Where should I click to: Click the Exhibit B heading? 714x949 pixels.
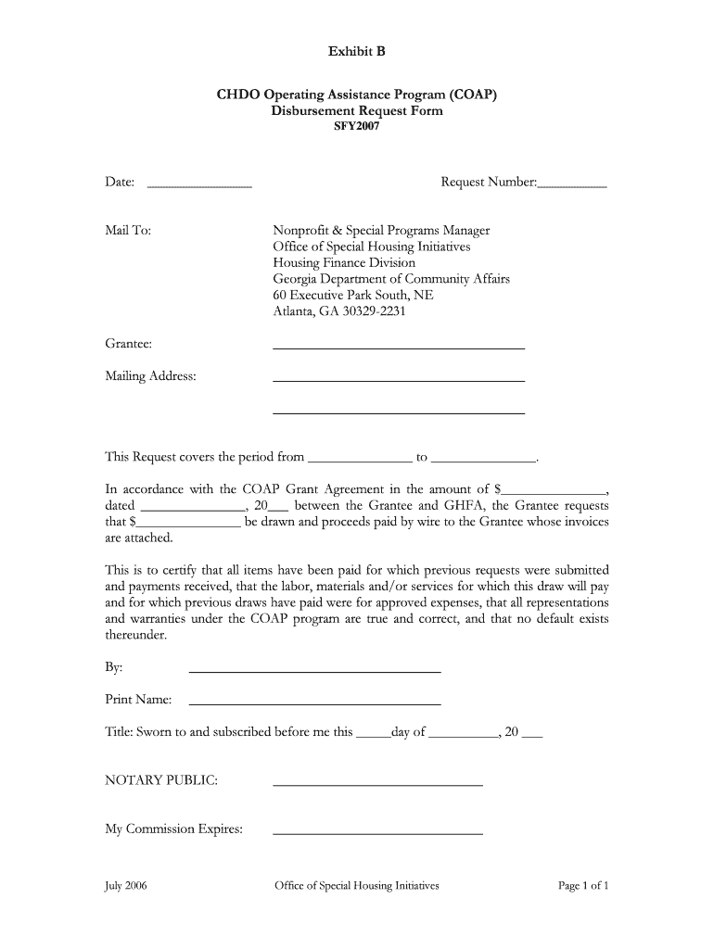click(356, 52)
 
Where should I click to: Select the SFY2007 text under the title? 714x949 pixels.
click(356, 127)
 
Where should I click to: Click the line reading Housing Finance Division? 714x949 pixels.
click(344, 262)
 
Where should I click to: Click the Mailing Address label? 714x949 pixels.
click(150, 376)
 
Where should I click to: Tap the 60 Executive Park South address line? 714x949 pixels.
click(352, 295)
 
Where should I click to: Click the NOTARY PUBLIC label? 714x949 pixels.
click(161, 780)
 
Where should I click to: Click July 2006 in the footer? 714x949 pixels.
click(125, 885)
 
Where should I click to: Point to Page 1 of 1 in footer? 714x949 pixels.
click(582, 885)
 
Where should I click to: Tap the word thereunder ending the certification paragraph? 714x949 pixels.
click(136, 636)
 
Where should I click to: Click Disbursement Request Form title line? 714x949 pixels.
click(356, 111)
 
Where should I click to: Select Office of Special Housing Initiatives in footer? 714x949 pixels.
click(356, 885)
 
